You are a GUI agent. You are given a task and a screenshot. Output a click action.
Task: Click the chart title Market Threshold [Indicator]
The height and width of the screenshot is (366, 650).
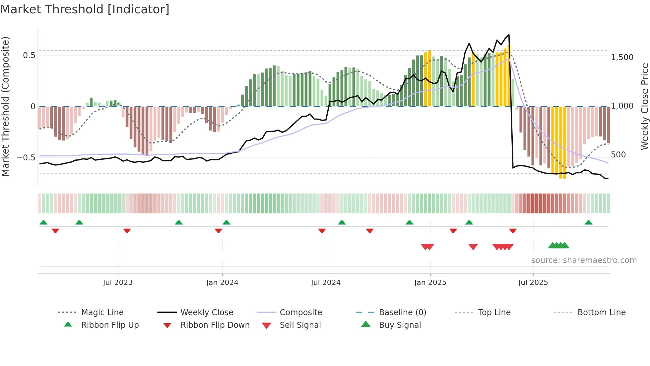85,9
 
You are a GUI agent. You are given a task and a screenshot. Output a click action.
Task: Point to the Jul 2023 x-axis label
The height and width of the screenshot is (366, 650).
118,283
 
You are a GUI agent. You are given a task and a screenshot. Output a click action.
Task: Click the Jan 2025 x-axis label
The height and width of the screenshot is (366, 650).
430,283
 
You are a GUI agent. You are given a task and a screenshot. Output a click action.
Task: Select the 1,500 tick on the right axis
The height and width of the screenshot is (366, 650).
622,57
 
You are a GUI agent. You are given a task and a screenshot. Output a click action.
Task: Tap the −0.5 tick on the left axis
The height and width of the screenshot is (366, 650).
26,157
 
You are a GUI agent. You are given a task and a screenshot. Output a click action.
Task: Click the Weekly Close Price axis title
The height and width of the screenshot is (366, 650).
644,106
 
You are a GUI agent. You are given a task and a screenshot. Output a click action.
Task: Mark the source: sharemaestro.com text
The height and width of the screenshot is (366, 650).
584,260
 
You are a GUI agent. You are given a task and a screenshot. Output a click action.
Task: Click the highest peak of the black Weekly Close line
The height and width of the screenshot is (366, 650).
509,35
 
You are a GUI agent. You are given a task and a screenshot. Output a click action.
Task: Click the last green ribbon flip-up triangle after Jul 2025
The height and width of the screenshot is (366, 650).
588,223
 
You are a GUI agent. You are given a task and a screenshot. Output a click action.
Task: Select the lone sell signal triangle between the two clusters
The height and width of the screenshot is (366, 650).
473,247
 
